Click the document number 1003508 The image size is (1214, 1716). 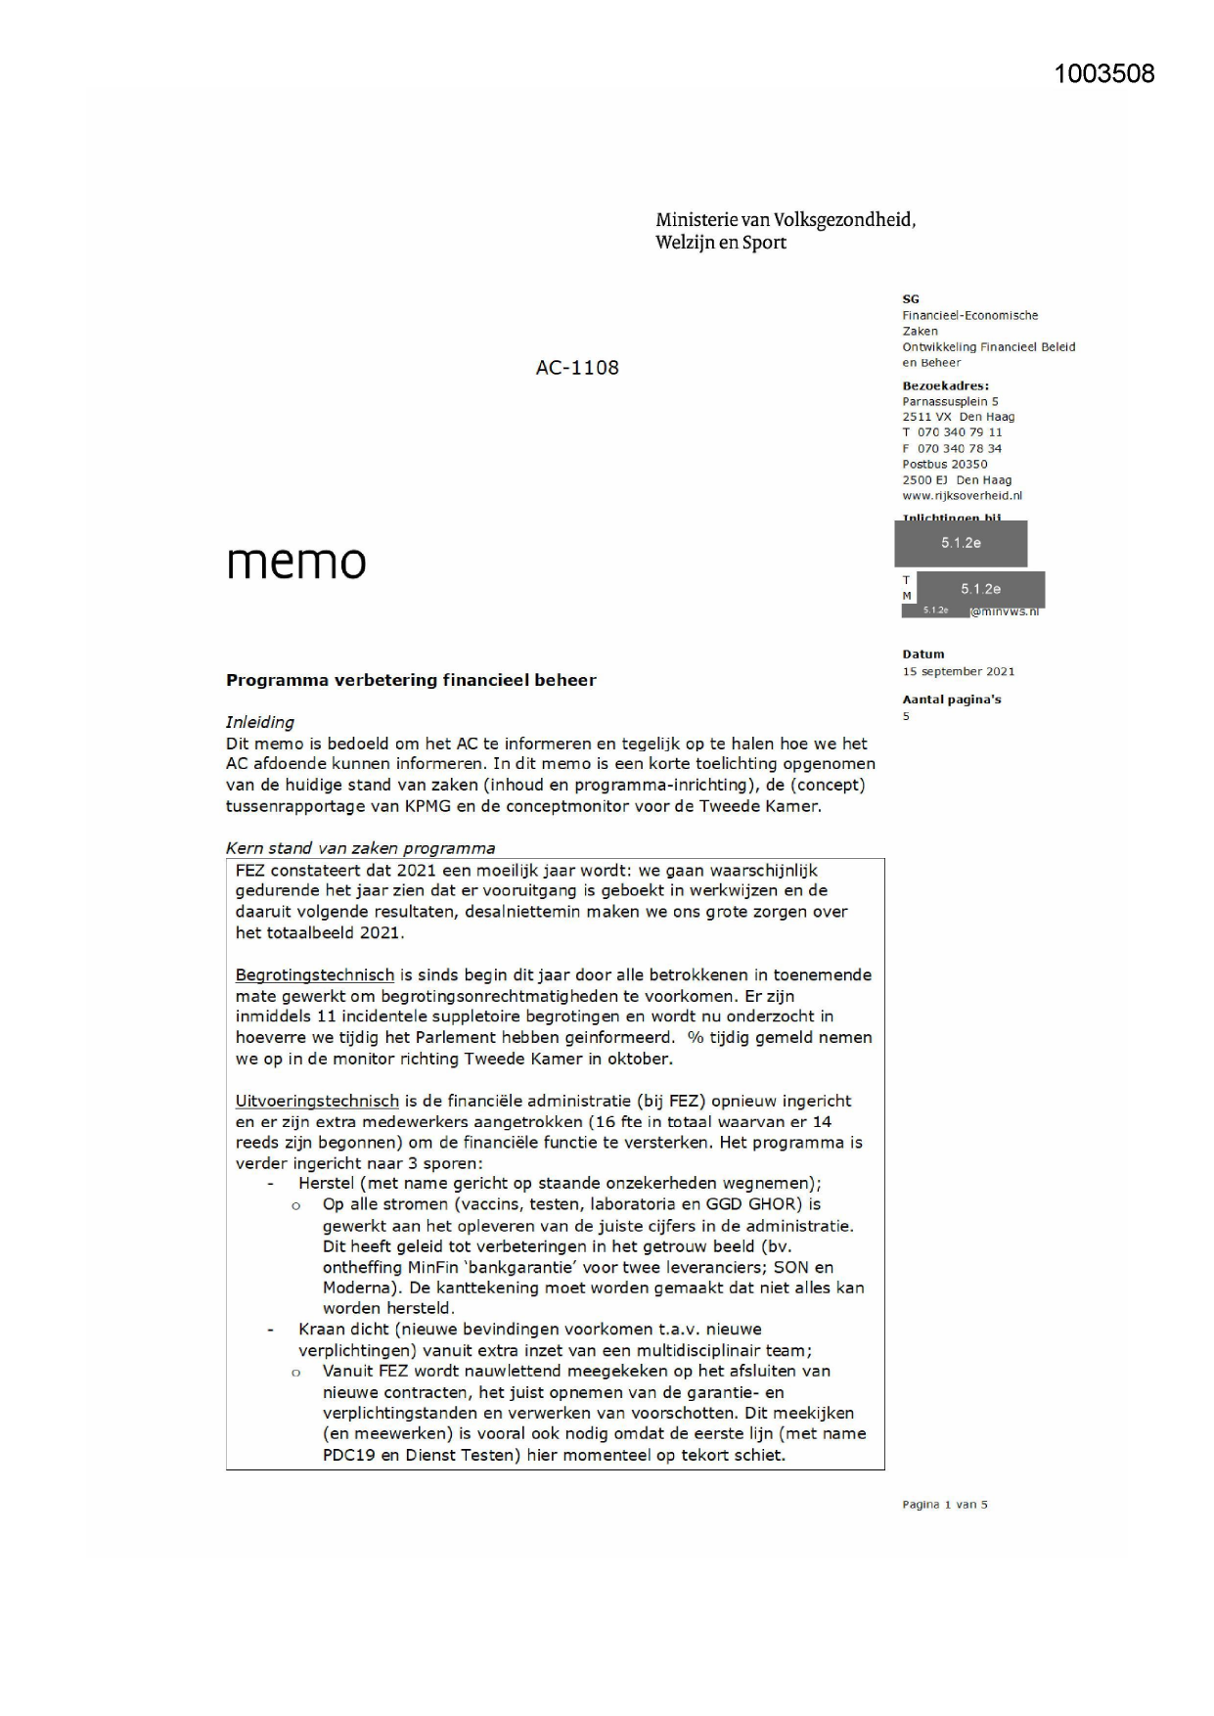point(1104,73)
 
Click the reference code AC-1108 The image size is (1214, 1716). point(577,368)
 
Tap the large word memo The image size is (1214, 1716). point(296,562)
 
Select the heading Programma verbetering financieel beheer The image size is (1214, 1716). point(411,680)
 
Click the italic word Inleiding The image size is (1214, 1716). point(259,722)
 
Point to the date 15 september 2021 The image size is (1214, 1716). point(958,671)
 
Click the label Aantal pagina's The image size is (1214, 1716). point(951,700)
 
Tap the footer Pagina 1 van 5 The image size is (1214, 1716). point(944,1505)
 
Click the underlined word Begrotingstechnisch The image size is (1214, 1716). point(315,974)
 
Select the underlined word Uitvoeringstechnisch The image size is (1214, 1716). point(317,1101)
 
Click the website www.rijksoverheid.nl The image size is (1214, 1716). point(962,495)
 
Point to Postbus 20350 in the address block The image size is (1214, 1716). point(944,464)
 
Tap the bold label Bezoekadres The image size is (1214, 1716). point(945,385)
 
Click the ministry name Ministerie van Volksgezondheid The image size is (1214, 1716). point(786,219)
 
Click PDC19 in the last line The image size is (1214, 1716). point(349,1455)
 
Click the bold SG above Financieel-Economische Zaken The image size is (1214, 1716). point(911,299)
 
